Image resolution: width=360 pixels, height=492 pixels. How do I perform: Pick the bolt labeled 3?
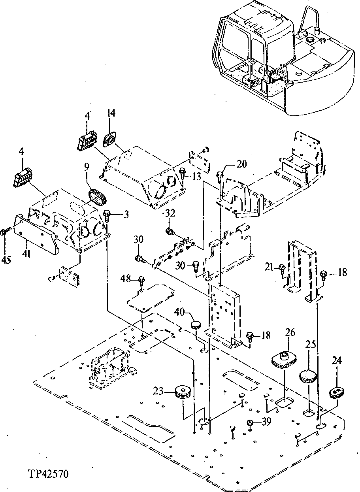coord(107,215)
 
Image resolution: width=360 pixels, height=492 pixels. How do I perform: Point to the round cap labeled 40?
coord(196,325)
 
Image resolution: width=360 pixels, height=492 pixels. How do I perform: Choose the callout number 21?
coord(270,268)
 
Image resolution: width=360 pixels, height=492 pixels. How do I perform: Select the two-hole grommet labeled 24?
coord(337,393)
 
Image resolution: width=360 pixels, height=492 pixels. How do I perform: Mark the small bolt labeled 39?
coord(250,423)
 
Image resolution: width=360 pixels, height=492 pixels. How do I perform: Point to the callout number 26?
coord(290,333)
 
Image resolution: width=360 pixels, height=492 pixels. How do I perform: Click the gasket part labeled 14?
coord(109,140)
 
